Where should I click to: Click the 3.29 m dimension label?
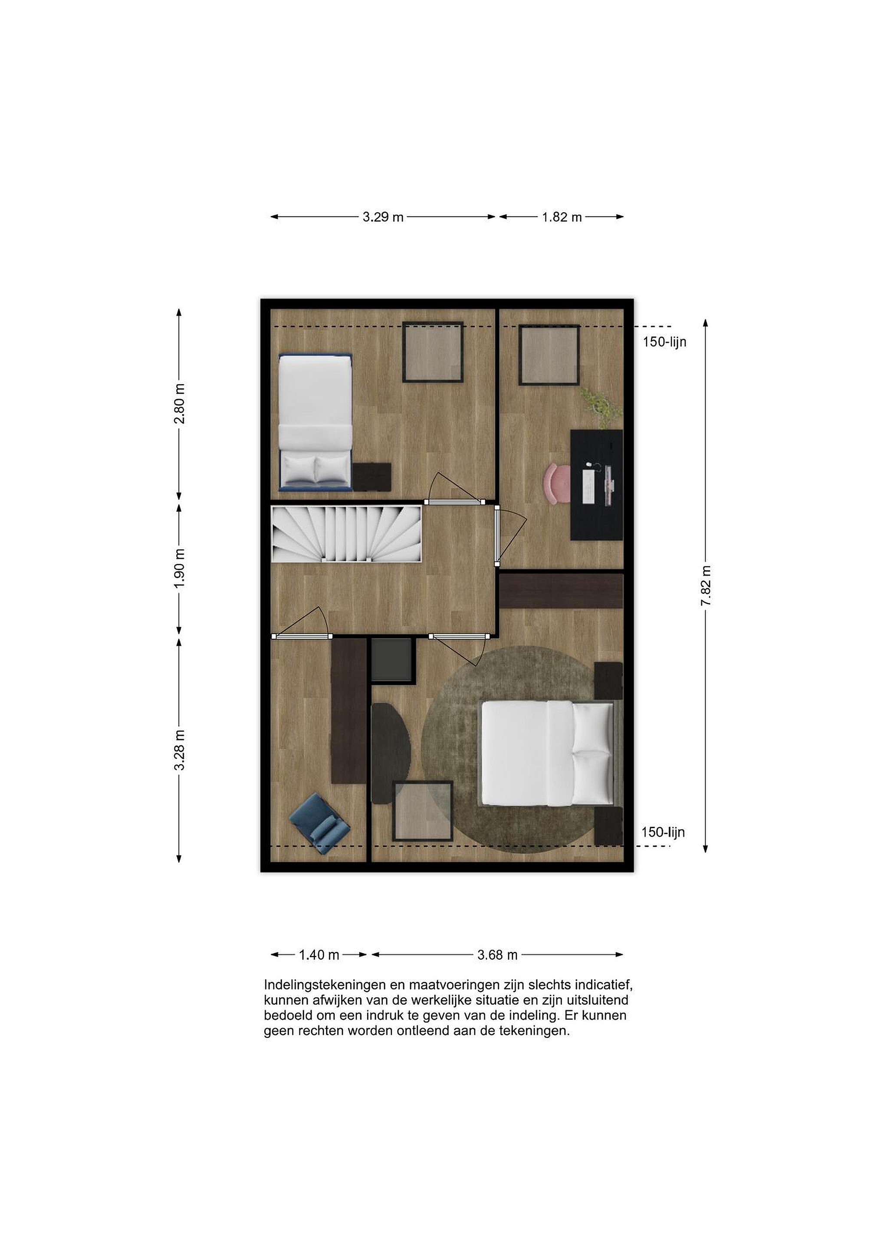(383, 217)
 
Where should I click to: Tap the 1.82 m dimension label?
(562, 217)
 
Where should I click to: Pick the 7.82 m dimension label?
(706, 586)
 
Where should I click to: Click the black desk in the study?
(597, 484)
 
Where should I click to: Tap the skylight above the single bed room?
(433, 352)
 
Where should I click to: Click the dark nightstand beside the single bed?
(372, 477)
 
